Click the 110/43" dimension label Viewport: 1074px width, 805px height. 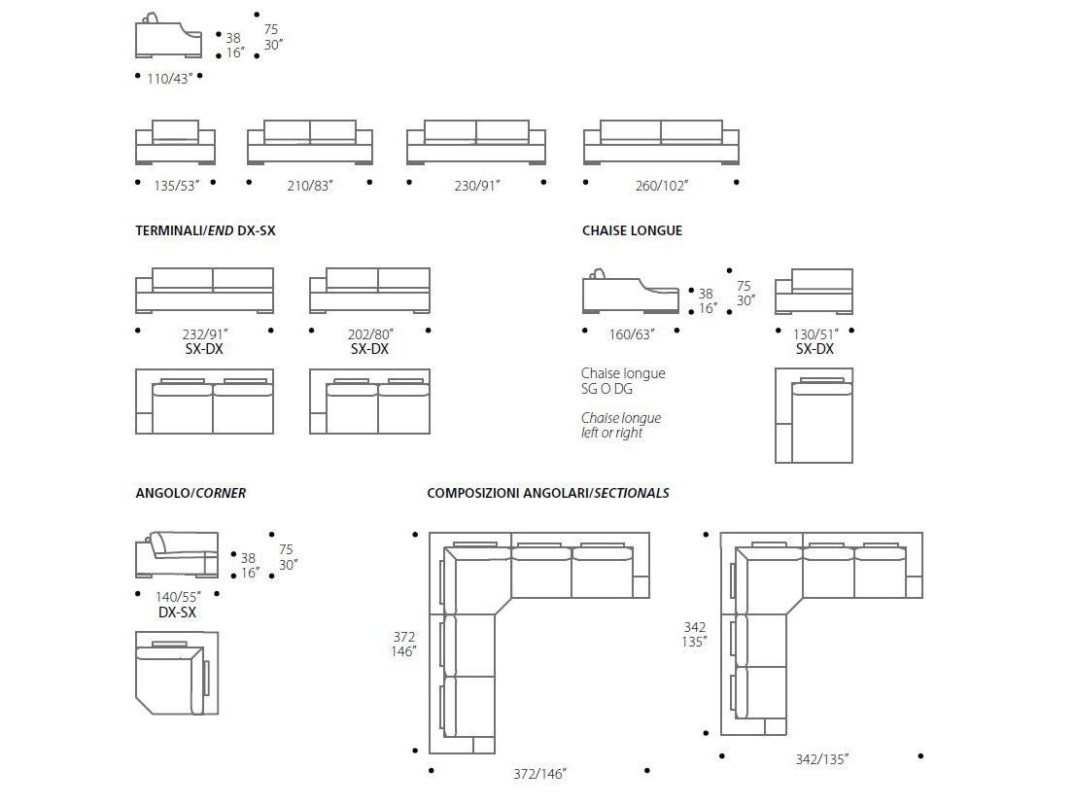click(x=169, y=79)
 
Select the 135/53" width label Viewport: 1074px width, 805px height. click(x=174, y=185)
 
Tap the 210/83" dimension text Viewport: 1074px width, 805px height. click(x=310, y=185)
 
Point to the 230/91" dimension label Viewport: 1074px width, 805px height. click(x=475, y=185)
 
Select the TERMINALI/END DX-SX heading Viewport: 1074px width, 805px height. click(x=206, y=231)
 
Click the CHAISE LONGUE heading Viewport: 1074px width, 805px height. click(x=632, y=231)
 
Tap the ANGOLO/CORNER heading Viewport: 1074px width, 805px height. click(x=191, y=493)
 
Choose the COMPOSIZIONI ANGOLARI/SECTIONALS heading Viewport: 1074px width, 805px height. click(x=548, y=493)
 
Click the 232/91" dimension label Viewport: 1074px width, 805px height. click(x=203, y=334)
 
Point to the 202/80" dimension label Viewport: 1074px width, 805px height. click(x=369, y=334)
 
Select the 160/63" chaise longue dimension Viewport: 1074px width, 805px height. click(x=632, y=334)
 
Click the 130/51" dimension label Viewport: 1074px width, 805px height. click(x=814, y=334)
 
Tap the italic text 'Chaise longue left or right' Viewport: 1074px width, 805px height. click(x=621, y=425)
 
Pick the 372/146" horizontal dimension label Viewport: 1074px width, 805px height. click(x=539, y=774)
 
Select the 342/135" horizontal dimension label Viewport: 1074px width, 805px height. click(x=820, y=759)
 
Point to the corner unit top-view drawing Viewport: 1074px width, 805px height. click(x=176, y=673)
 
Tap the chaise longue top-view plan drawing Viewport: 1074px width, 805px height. click(x=814, y=415)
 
